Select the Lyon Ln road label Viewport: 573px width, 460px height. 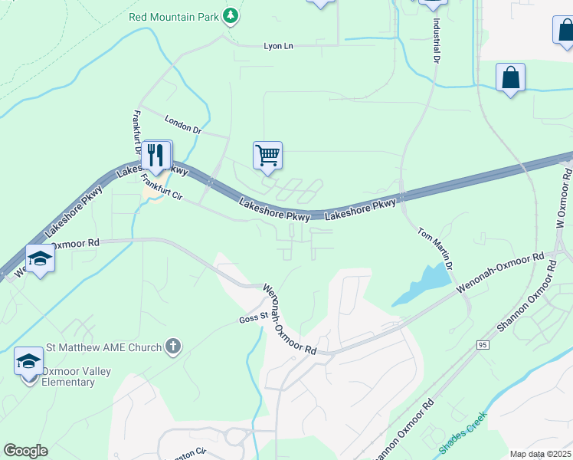click(279, 46)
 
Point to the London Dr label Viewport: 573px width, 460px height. click(182, 123)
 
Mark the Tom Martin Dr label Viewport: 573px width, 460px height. click(437, 248)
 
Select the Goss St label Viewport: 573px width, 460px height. click(252, 317)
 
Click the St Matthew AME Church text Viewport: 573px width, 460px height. click(104, 347)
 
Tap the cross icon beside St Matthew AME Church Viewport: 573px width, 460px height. click(174, 347)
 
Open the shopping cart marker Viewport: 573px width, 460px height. click(268, 156)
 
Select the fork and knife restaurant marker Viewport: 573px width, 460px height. click(156, 156)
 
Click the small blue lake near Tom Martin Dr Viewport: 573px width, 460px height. click(421, 283)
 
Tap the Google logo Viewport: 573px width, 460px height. click(25, 451)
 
